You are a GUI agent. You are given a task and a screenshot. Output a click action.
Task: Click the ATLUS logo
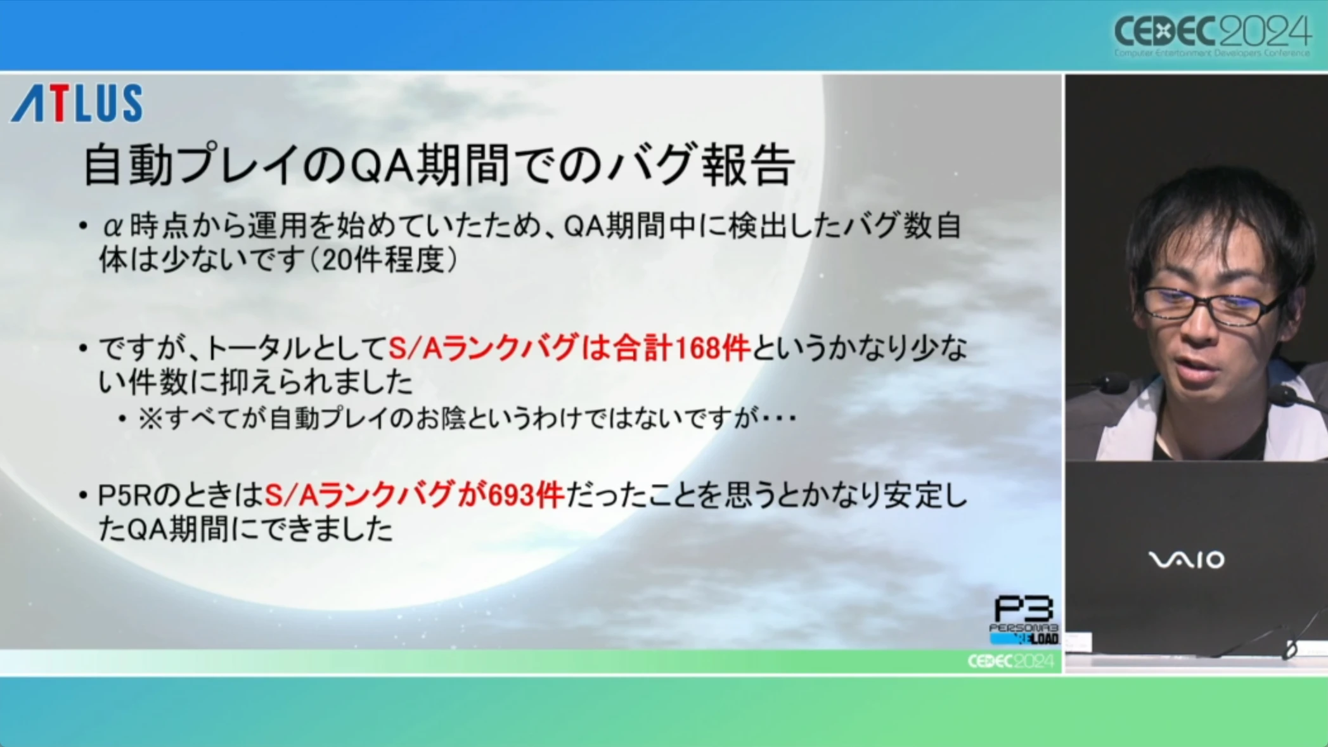tap(77, 103)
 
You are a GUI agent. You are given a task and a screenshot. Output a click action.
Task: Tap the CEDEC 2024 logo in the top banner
tap(1212, 36)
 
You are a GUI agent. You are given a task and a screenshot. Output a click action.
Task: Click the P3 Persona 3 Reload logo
tap(1024, 620)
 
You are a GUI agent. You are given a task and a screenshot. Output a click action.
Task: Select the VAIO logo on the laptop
tap(1186, 560)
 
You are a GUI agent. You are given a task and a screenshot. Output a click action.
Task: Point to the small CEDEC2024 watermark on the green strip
tap(1010, 661)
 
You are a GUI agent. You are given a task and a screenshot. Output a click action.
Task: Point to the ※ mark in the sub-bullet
tap(150, 419)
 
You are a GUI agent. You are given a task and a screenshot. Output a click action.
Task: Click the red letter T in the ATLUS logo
tap(59, 103)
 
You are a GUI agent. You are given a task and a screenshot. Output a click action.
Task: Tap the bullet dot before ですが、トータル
tap(83, 348)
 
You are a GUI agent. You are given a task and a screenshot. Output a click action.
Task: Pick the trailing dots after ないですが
tap(779, 419)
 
